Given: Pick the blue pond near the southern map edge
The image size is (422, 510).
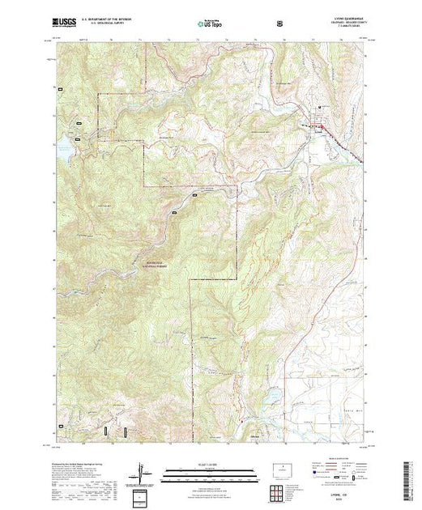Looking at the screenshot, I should coord(272,392).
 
